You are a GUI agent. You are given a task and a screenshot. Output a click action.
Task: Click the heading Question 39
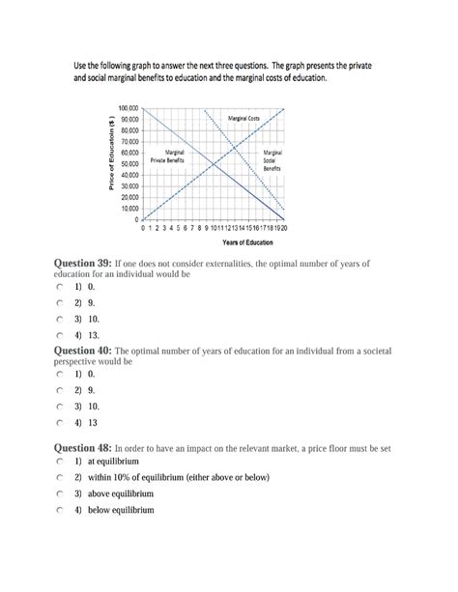coord(82,263)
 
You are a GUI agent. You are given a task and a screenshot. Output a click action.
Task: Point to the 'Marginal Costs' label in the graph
coord(243,119)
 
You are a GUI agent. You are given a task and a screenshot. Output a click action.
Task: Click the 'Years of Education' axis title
coord(217,242)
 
